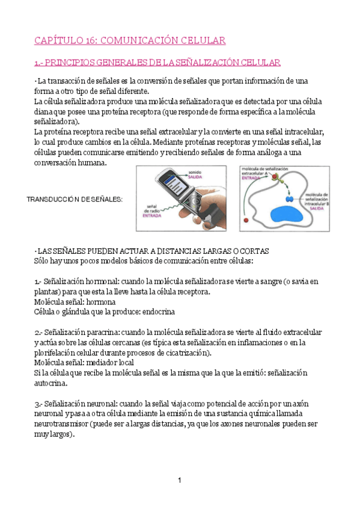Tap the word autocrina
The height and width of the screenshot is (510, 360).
(x=51, y=382)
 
